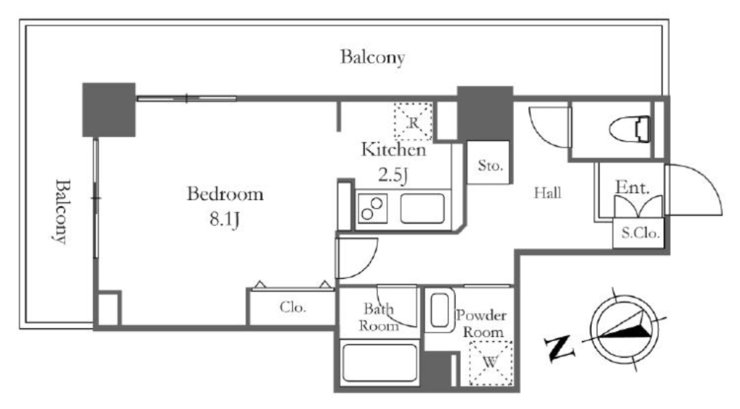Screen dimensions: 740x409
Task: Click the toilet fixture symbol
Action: [629, 129]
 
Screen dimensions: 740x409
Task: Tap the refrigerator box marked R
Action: [413, 121]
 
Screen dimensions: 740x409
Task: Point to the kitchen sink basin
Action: [422, 208]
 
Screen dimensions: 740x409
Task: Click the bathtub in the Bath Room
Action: [379, 362]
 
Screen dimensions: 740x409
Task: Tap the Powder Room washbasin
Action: [439, 311]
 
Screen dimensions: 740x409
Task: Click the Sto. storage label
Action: [490, 165]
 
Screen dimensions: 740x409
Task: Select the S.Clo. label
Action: [640, 233]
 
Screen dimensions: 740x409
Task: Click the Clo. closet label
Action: [293, 308]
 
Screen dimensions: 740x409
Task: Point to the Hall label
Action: [548, 192]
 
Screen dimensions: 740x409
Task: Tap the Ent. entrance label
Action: [632, 188]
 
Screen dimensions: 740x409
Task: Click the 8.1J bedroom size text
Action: [225, 220]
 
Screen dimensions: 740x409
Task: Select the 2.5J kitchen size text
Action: [392, 175]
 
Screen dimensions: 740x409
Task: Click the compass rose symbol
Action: [625, 329]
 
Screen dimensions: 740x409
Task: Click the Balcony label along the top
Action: [373, 58]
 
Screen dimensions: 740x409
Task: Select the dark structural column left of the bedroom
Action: [109, 110]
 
